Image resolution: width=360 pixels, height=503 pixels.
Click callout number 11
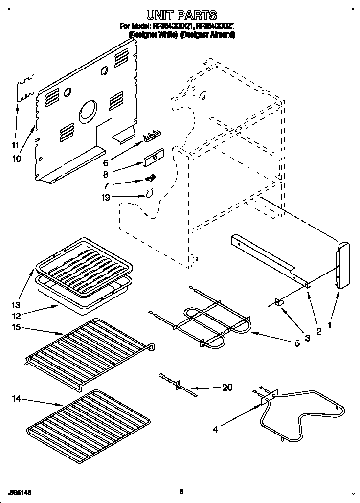[x=15, y=145]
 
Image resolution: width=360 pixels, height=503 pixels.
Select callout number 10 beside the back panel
[x=17, y=158]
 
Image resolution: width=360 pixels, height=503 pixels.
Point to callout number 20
[x=227, y=387]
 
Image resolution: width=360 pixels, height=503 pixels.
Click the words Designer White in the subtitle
[x=152, y=36]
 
